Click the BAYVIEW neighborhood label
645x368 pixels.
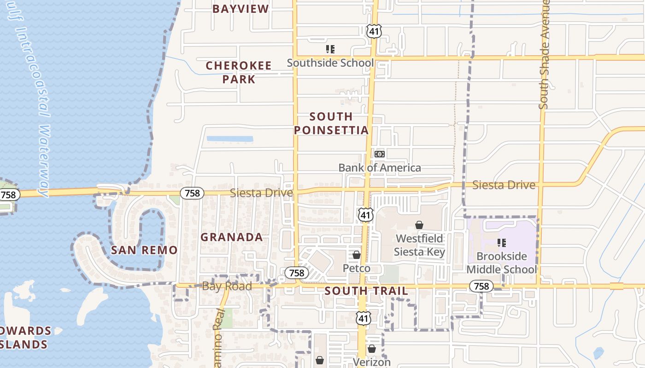[x=240, y=9]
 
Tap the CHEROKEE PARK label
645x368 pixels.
[x=239, y=72]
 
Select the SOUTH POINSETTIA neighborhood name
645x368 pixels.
[x=331, y=123]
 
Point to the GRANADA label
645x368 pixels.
[x=232, y=237]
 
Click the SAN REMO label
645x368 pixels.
[x=144, y=250]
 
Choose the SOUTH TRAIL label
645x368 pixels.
[x=366, y=291]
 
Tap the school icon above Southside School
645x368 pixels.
[x=330, y=49]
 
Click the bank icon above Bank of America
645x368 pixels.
[x=380, y=154]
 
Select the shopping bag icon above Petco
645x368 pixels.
[x=356, y=254]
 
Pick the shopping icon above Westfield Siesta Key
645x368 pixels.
[x=419, y=225]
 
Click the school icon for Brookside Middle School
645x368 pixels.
[x=502, y=242]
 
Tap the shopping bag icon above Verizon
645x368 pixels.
[x=372, y=349]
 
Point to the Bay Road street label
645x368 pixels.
[x=227, y=286]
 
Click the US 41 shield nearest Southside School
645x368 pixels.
[x=374, y=31]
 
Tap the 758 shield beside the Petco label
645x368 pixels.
[x=296, y=273]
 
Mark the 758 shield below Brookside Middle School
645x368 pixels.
[x=481, y=286]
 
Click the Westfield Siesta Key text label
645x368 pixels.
[x=419, y=245]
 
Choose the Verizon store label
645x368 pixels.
[x=372, y=362]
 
